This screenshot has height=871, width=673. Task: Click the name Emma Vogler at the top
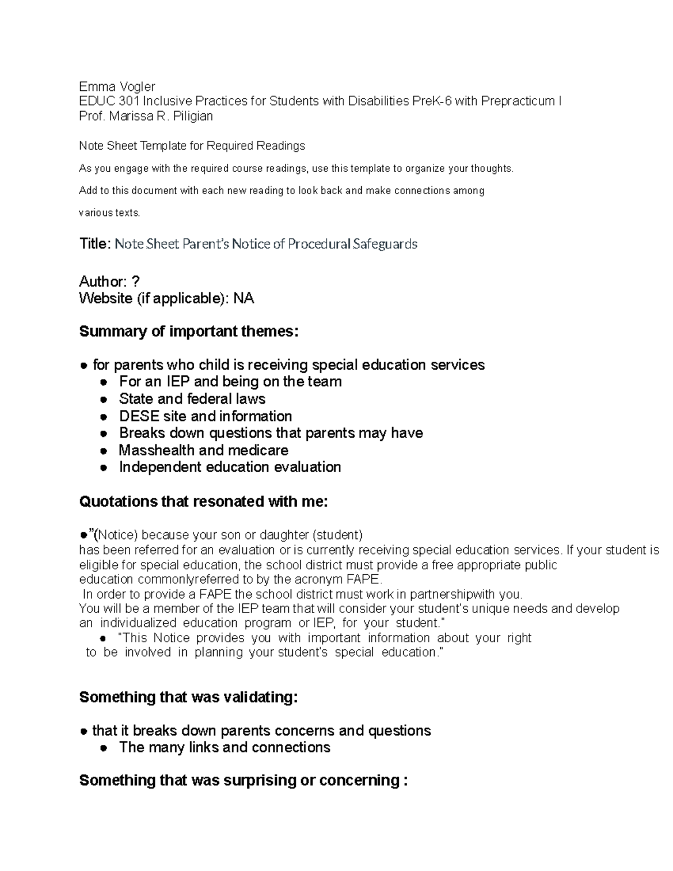117,86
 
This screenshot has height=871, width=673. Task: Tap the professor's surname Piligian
193,116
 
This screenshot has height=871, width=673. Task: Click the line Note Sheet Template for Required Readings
192,146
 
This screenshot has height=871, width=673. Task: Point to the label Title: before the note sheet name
95,244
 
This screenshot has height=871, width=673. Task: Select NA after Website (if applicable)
243,298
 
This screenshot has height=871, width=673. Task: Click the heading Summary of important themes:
189,331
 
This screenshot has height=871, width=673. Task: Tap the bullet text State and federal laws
192,399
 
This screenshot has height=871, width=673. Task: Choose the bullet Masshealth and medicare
203,450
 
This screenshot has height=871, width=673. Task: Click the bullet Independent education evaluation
230,467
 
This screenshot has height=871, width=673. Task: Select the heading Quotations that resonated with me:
203,501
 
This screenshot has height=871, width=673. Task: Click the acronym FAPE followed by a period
365,579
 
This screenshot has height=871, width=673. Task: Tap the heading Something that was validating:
188,697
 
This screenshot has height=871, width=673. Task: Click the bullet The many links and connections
224,748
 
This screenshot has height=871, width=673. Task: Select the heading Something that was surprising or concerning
243,780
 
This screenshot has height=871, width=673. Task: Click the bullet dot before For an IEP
103,382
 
